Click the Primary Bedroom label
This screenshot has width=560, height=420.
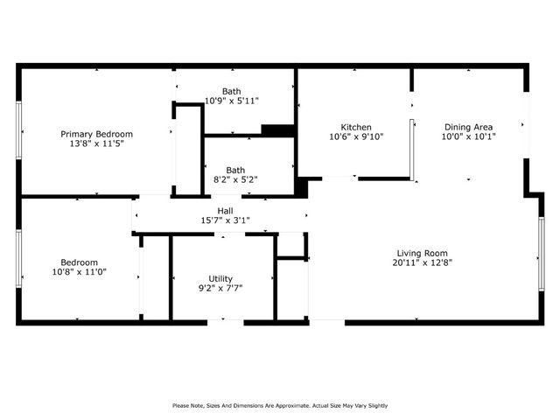[x=96, y=134]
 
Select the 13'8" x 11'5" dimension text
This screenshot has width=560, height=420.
[x=96, y=143]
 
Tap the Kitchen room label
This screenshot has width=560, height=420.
[x=356, y=127]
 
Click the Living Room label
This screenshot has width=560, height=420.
[x=423, y=252]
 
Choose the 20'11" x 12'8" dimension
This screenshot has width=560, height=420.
[x=423, y=262]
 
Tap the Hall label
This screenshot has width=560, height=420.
[x=225, y=211]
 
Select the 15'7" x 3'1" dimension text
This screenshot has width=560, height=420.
[x=225, y=220]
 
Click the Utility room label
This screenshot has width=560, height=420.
[x=220, y=278]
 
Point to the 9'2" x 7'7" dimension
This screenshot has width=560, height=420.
[x=220, y=288]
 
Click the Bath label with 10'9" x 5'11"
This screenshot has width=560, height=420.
[x=232, y=91]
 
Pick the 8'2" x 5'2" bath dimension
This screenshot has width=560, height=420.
[x=235, y=179]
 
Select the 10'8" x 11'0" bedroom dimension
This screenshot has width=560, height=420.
[x=79, y=272]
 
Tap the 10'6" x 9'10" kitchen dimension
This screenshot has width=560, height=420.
[x=356, y=136]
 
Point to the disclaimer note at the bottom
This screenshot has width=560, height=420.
[x=280, y=405]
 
